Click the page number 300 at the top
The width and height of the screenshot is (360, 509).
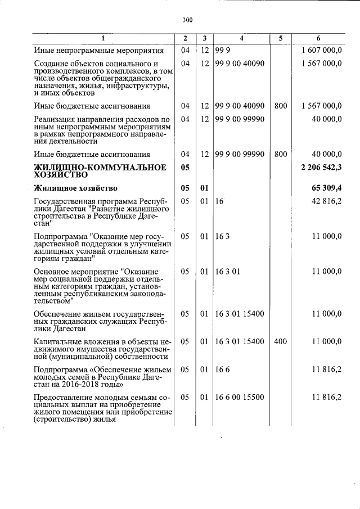click(187, 20)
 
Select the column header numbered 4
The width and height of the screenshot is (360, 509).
click(241, 38)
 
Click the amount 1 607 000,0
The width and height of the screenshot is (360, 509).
click(322, 51)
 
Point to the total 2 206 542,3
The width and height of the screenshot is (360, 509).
click(322, 167)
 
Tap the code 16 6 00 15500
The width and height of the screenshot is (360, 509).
click(240, 397)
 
